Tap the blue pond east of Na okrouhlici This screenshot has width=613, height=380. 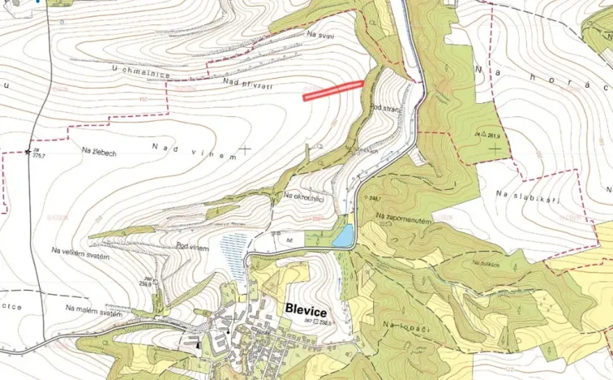click(344, 236)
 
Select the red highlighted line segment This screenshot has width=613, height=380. click(332, 90)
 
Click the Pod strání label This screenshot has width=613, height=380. click(384, 109)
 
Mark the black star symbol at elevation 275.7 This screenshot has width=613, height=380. click(29, 151)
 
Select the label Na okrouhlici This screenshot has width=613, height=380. click(304, 196)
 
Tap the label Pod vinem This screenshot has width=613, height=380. click(192, 247)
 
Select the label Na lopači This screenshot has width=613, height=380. click(403, 325)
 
